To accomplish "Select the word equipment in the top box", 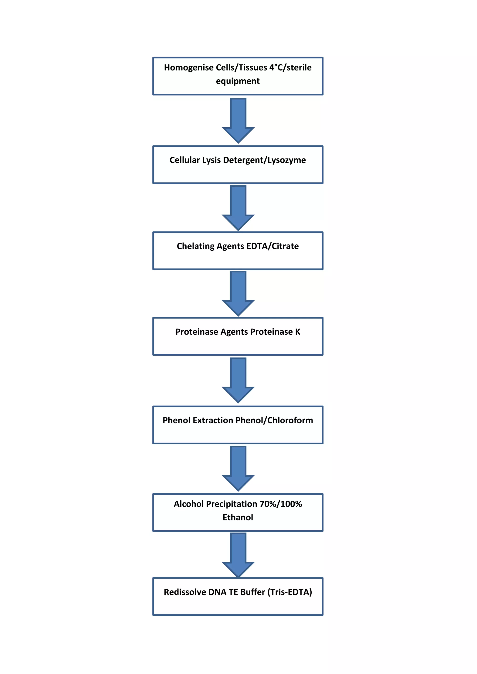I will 238,81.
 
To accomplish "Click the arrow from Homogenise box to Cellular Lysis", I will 238,120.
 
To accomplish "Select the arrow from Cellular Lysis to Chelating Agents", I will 238,208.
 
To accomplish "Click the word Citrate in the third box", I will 285,246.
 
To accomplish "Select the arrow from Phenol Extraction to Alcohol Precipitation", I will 238,468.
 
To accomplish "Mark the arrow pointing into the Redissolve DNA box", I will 238,555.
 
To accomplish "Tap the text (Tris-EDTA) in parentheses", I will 289,592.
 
